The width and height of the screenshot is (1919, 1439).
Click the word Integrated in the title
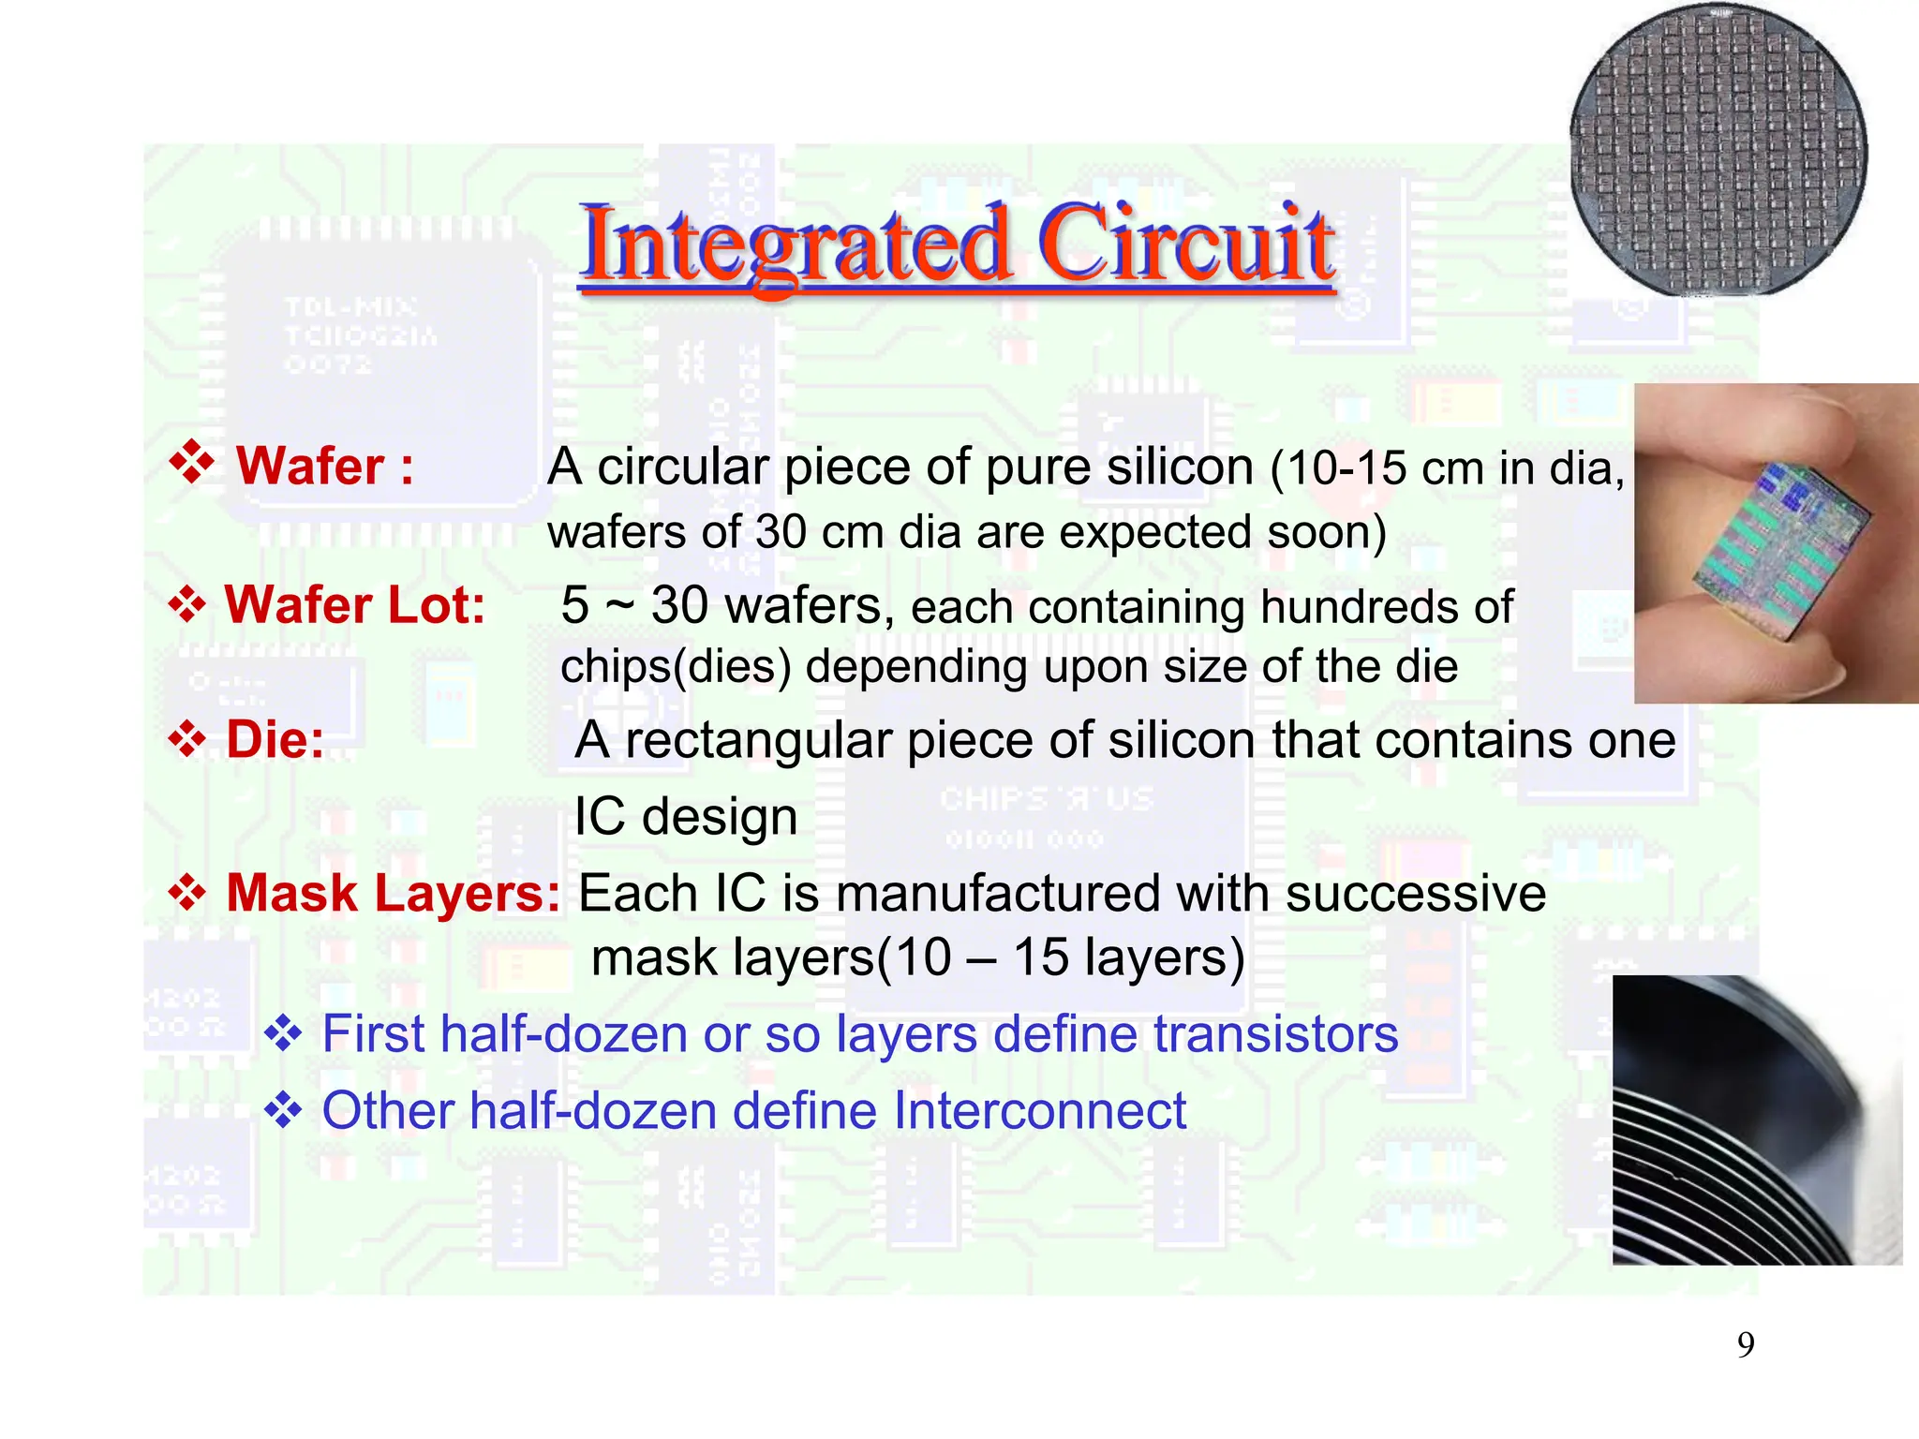(795, 245)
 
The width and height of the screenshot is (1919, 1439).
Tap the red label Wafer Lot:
(354, 605)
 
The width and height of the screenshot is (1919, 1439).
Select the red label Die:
(275, 740)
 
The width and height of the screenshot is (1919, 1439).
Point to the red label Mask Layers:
(393, 893)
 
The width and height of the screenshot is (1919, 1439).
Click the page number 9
(1745, 1345)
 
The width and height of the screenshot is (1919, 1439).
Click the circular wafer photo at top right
(1718, 152)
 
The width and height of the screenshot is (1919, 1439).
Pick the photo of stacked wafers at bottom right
(1756, 1120)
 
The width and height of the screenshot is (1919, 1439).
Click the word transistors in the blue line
(1275, 1034)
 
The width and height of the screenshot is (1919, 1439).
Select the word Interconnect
(1040, 1111)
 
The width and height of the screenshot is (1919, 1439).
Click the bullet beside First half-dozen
(282, 1034)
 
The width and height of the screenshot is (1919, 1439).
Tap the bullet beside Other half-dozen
(282, 1111)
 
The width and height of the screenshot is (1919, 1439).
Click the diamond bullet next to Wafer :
(192, 463)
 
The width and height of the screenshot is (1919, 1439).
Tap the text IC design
(685, 817)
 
